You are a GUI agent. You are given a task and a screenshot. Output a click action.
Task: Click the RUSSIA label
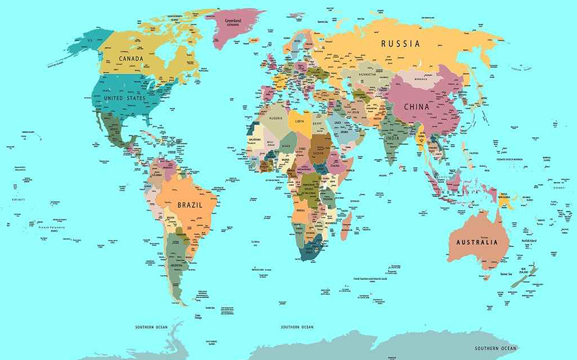(401, 43)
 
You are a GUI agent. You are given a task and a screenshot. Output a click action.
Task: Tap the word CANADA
(131, 59)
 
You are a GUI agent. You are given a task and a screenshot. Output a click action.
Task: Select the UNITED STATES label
(125, 98)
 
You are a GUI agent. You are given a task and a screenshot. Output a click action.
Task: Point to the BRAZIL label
(189, 205)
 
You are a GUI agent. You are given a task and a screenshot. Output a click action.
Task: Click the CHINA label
(416, 107)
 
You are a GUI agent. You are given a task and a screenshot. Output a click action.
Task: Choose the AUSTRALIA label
(477, 242)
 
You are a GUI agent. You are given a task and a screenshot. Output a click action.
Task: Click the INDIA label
(392, 138)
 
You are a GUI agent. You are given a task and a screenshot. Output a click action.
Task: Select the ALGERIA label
(276, 118)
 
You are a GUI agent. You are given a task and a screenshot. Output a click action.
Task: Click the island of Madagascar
(345, 227)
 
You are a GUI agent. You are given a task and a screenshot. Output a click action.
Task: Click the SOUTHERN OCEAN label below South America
(151, 327)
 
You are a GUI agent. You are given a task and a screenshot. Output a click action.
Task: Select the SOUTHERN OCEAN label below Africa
(297, 327)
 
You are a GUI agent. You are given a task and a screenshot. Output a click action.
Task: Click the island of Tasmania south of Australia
(487, 277)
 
